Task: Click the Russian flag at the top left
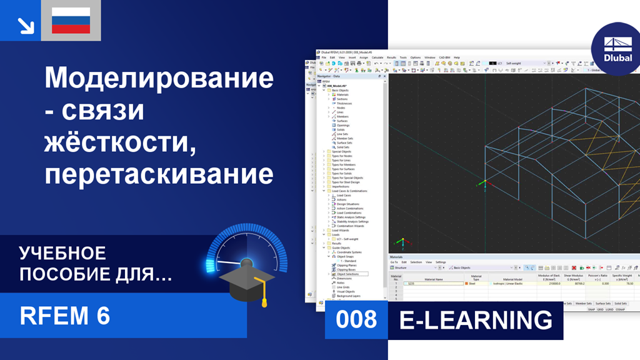click(71, 21)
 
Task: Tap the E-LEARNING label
click(476, 320)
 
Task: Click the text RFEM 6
click(65, 316)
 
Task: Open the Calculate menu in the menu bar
click(377, 57)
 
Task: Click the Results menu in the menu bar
click(391, 57)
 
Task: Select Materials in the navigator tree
click(342, 94)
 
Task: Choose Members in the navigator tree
click(342, 116)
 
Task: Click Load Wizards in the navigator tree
click(341, 230)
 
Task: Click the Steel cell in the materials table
click(473, 283)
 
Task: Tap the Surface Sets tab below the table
click(602, 303)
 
